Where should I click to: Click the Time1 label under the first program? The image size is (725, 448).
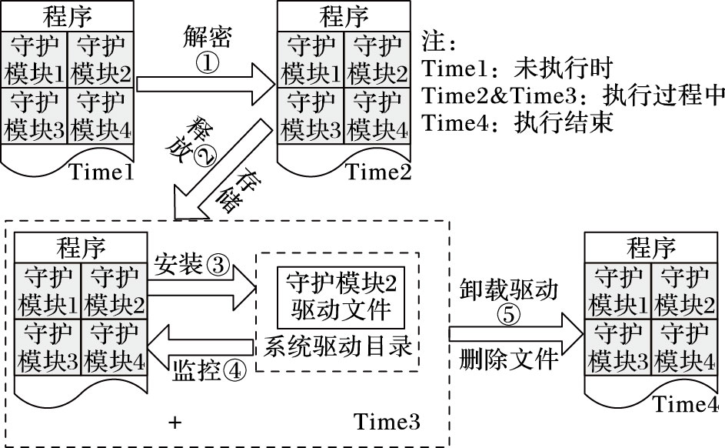[101, 172]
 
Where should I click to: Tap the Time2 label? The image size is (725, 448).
[378, 172]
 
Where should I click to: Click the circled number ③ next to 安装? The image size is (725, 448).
[218, 266]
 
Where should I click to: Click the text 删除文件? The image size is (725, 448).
[510, 359]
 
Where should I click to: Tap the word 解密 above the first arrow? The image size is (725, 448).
[208, 36]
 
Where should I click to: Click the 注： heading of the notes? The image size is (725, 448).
[440, 38]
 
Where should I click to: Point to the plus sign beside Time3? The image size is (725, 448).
[178, 423]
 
